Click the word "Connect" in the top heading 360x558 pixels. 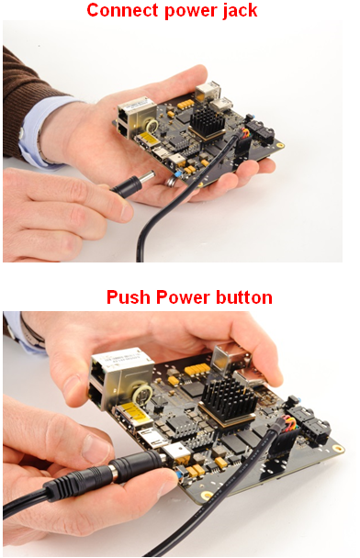(123, 10)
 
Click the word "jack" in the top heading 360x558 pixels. (240, 11)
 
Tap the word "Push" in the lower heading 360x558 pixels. (129, 296)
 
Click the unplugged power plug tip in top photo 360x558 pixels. (148, 176)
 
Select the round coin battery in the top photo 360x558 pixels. (152, 125)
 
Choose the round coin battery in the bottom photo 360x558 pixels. (143, 395)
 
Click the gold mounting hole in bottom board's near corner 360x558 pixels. (207, 495)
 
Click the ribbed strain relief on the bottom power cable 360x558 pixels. (62, 485)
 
